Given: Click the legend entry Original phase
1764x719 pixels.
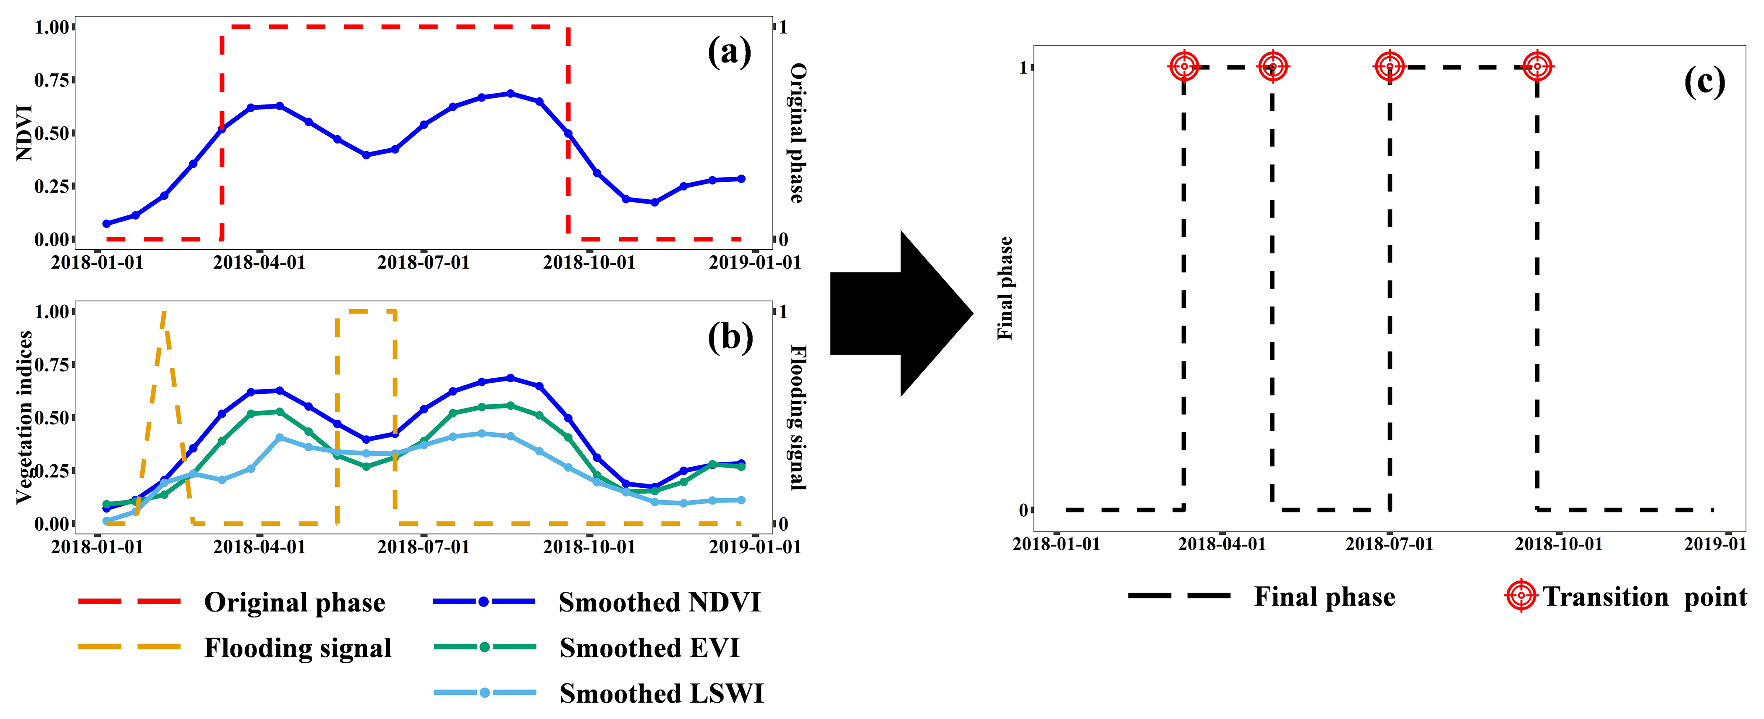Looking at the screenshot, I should pos(294,603).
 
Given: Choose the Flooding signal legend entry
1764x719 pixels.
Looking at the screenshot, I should pos(297,648).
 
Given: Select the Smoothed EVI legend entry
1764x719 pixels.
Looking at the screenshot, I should pos(649,648).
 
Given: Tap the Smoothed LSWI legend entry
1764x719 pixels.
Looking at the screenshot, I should pos(661,694).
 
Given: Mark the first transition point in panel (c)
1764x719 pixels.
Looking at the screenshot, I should pos(1184,66).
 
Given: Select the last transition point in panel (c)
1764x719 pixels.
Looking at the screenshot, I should pos(1537,66).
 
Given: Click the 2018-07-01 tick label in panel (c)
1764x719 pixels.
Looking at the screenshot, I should pos(1390,544).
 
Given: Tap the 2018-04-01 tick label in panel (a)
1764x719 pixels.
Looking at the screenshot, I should pos(259,263).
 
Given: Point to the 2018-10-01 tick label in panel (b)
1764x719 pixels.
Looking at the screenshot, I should pos(589,547).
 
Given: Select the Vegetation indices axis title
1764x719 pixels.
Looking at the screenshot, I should pos(25,417).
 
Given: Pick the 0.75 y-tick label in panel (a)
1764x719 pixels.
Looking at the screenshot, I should pos(52,80).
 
